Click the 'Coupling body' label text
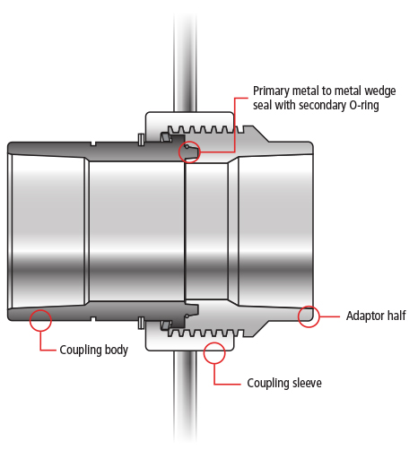pos(94,350)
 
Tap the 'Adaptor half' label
pos(376,316)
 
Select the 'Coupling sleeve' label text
pos(284,383)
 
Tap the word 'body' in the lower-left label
pos(117,350)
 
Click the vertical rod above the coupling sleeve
pos(185,63)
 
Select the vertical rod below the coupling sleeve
pos(185,396)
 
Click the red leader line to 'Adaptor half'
pos(329,316)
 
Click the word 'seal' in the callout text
pos(262,105)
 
